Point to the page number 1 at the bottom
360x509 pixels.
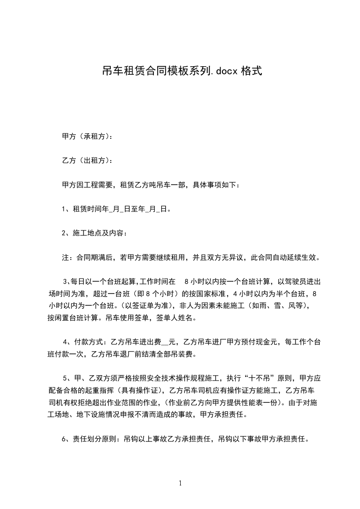click(x=180, y=483)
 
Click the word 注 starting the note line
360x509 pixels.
click(x=65, y=258)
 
